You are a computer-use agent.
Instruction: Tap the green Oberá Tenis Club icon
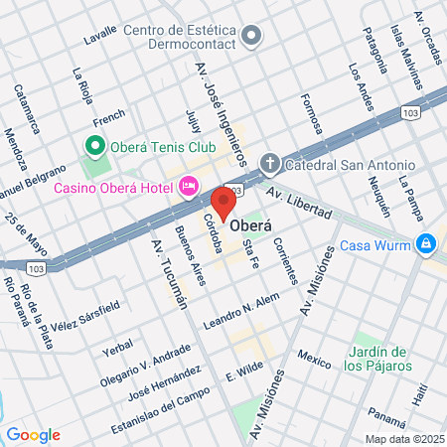pos(96,147)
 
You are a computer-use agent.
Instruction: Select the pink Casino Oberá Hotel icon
pos(190,185)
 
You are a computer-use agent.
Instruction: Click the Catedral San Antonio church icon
pos(269,162)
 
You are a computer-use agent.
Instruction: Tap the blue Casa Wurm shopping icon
pos(425,242)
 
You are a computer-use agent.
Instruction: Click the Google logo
pos(33,434)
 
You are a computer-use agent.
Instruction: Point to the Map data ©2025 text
pos(403,438)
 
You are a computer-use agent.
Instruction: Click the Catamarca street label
pos(27,108)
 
